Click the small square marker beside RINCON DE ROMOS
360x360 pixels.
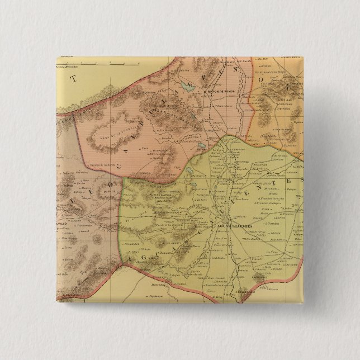click(204, 92)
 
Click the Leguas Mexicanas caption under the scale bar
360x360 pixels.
click(69, 66)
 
